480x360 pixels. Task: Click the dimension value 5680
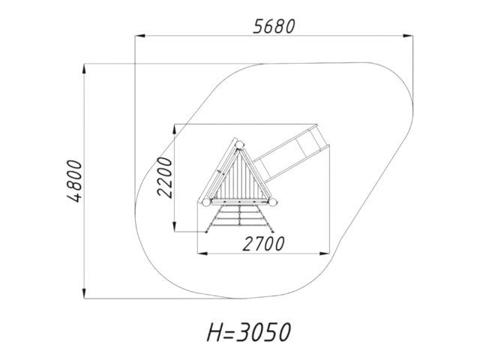(274, 26)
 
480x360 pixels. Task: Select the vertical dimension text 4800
(75, 181)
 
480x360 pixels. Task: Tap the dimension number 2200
(165, 177)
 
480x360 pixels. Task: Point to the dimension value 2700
(263, 244)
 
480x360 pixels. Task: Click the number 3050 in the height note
(264, 332)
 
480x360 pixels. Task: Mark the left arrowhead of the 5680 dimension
(140, 36)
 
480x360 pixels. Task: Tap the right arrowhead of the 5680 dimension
(408, 36)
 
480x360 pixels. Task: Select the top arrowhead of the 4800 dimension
(84, 68)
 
